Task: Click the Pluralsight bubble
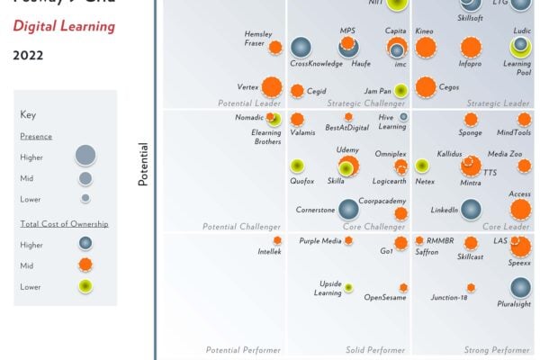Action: [520, 287]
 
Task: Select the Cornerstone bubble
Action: [347, 210]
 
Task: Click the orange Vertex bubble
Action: [272, 87]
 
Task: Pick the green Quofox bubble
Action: [296, 166]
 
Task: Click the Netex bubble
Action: [421, 166]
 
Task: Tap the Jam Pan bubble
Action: [400, 89]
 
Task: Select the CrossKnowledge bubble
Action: [301, 48]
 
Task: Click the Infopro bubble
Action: [470, 48]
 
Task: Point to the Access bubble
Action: [520, 210]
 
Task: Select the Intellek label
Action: [270, 251]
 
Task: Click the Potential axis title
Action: [142, 164]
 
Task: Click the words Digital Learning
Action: [64, 26]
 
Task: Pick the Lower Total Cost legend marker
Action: [85, 286]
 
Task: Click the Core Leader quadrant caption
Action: [506, 227]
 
